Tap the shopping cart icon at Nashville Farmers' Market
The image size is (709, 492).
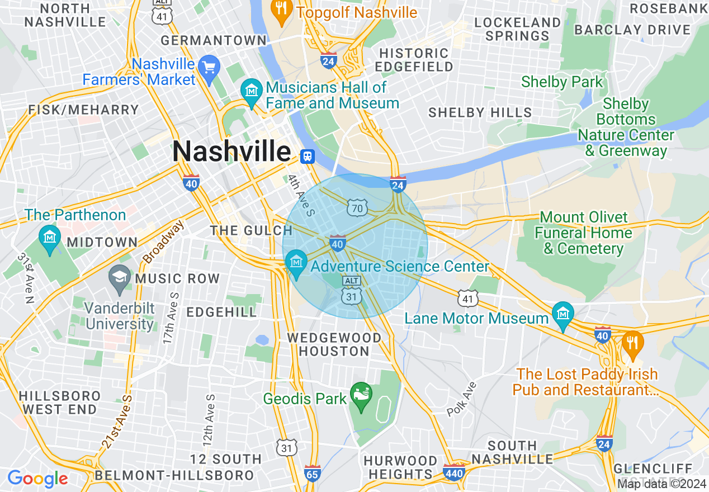click(210, 68)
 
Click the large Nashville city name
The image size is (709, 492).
click(231, 152)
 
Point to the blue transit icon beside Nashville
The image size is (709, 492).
click(307, 157)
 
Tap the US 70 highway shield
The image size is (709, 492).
click(356, 207)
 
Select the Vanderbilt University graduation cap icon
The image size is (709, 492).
click(119, 277)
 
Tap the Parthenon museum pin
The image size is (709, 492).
click(50, 238)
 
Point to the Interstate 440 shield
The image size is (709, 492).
click(453, 471)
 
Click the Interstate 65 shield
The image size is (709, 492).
click(313, 472)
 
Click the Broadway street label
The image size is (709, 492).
click(163, 242)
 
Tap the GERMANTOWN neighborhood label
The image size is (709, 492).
click(214, 41)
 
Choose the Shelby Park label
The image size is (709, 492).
click(562, 82)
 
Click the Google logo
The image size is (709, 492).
click(37, 479)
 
